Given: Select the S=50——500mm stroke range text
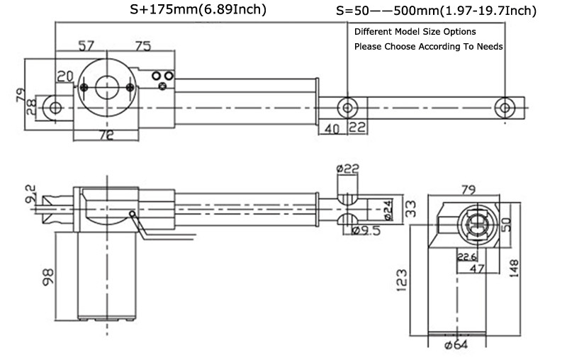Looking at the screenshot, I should click(x=435, y=11).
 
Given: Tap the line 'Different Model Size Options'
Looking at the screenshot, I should click(x=415, y=32).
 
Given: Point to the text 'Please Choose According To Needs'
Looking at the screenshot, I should click(x=428, y=47).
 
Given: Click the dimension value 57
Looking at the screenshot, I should click(x=86, y=46).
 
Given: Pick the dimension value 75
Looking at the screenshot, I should click(x=142, y=46).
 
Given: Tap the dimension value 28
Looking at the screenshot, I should click(x=30, y=108).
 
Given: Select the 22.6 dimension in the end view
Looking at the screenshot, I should click(x=466, y=257).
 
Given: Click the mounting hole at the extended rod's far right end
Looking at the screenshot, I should click(x=503, y=107).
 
